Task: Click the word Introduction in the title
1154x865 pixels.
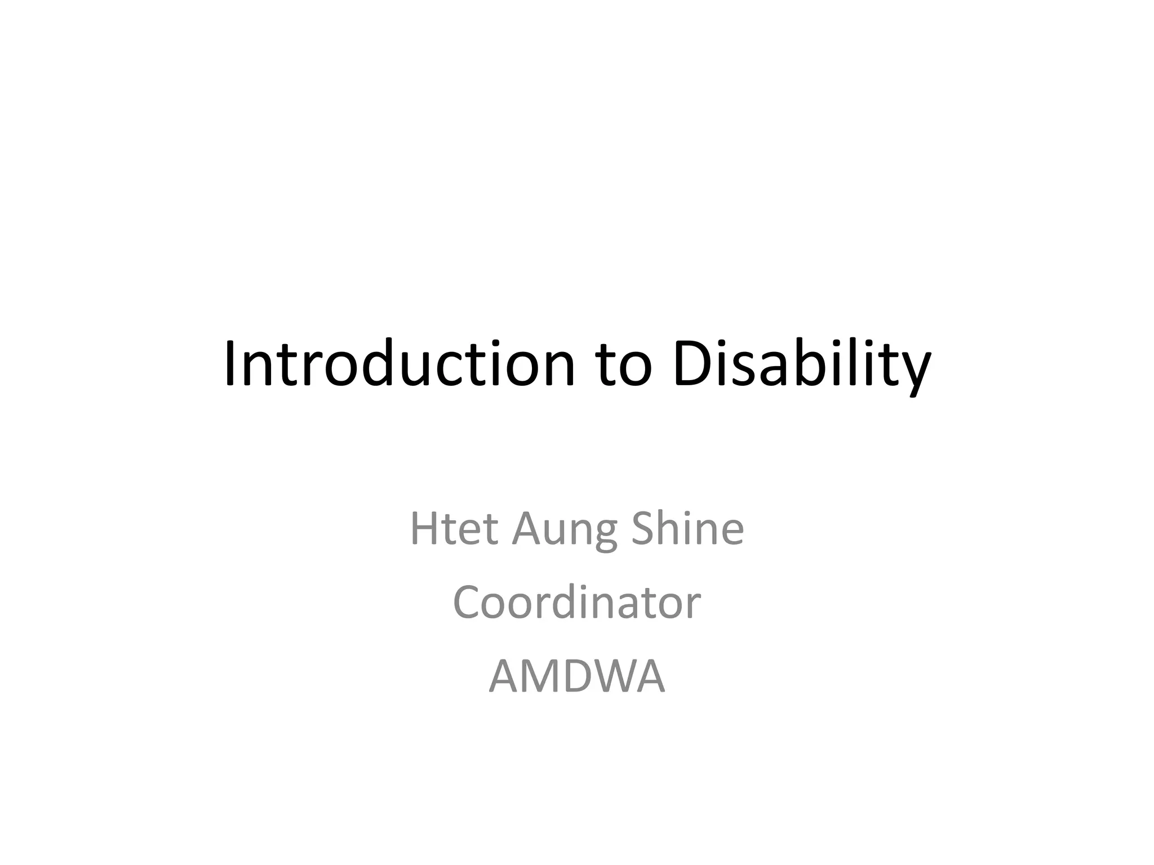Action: pos(399,364)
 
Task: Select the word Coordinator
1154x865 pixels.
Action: pos(576,602)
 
